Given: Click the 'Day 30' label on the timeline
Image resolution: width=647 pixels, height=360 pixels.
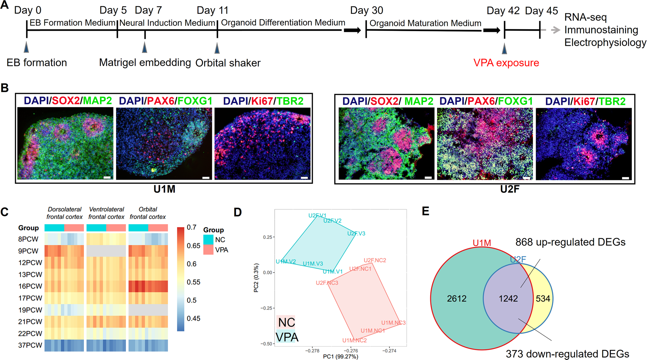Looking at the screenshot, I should pos(366,11).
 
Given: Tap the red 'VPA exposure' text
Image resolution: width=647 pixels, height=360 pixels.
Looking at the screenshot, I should pos(506,63).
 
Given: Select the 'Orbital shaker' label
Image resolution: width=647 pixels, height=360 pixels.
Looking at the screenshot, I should pos(228,63).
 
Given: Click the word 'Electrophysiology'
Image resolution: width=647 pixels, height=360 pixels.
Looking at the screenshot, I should pos(605,43).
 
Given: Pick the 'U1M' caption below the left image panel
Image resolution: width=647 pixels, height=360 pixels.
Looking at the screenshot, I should pos(164,189).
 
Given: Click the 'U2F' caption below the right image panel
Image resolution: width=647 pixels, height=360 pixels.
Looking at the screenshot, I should pos(509,189).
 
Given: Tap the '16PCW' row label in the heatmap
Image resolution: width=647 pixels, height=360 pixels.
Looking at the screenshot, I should pos(30,286).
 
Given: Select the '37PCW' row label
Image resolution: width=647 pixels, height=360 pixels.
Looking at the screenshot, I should pos(30,345).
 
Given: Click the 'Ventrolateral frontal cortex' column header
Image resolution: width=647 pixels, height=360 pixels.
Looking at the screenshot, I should pos(106,213).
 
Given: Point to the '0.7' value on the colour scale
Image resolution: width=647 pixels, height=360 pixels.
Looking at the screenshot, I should pos(192,227).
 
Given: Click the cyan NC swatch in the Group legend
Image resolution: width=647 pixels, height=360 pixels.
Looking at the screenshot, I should pos(208,240).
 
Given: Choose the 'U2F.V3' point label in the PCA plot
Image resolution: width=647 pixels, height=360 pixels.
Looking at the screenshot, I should pos(356,234).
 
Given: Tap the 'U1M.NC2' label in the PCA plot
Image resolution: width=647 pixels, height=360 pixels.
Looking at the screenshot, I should pos(354,340).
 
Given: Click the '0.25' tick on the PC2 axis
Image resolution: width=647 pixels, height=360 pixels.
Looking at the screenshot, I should pos(268,237).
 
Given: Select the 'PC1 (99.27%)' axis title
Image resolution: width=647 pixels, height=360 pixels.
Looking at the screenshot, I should pos(341,356).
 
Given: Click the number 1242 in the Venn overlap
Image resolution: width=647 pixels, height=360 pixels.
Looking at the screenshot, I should pos(508,298).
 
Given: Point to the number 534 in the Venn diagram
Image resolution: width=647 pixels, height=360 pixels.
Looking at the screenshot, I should pos(543,298).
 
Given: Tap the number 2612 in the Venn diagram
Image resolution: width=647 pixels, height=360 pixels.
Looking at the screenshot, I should pos(456,298).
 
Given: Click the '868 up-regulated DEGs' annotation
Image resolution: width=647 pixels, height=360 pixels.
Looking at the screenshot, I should pos(570,242).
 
